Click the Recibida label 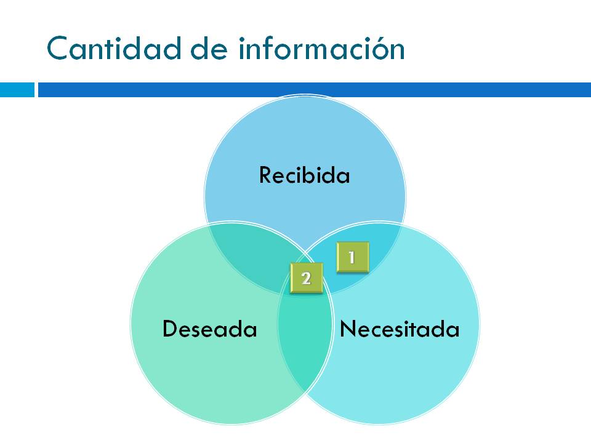coord(304,175)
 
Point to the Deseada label coord(209,329)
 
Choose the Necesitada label coord(400,329)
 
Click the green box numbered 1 coord(352,257)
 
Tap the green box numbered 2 coord(306,278)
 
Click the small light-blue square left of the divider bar coord(17,90)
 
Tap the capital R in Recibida coord(265,175)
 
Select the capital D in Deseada coord(169,329)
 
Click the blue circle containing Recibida coord(305,142)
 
